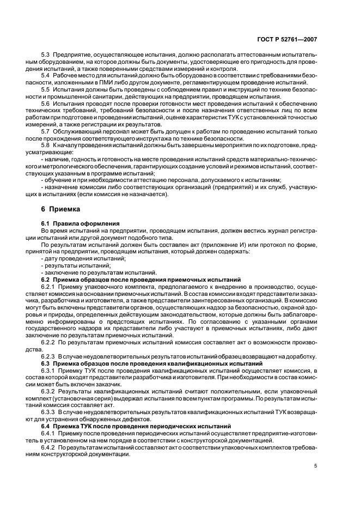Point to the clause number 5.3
pos(46,55)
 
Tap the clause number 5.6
pos(46,103)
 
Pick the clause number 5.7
pos(46,131)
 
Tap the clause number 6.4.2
pos(50,447)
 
